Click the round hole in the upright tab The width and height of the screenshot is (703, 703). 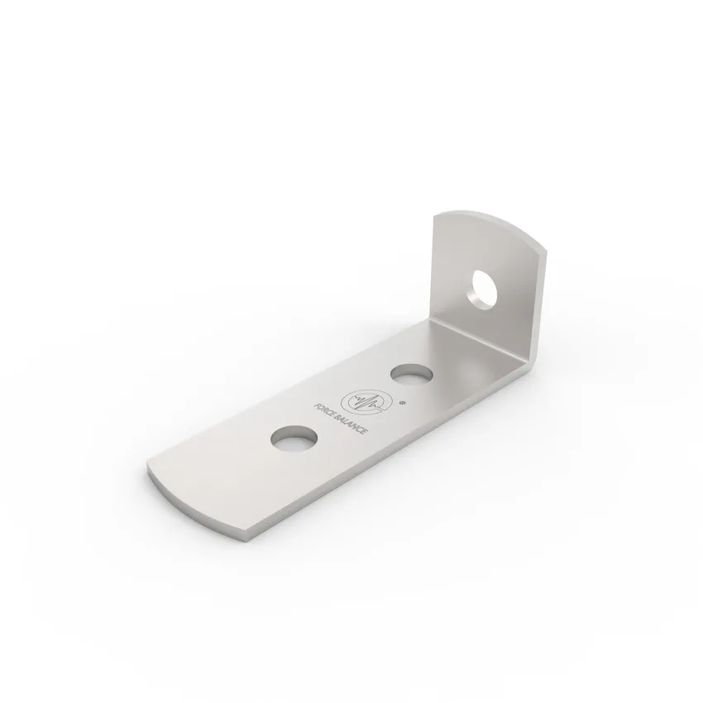tap(481, 289)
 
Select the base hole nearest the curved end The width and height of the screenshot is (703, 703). tap(294, 438)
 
